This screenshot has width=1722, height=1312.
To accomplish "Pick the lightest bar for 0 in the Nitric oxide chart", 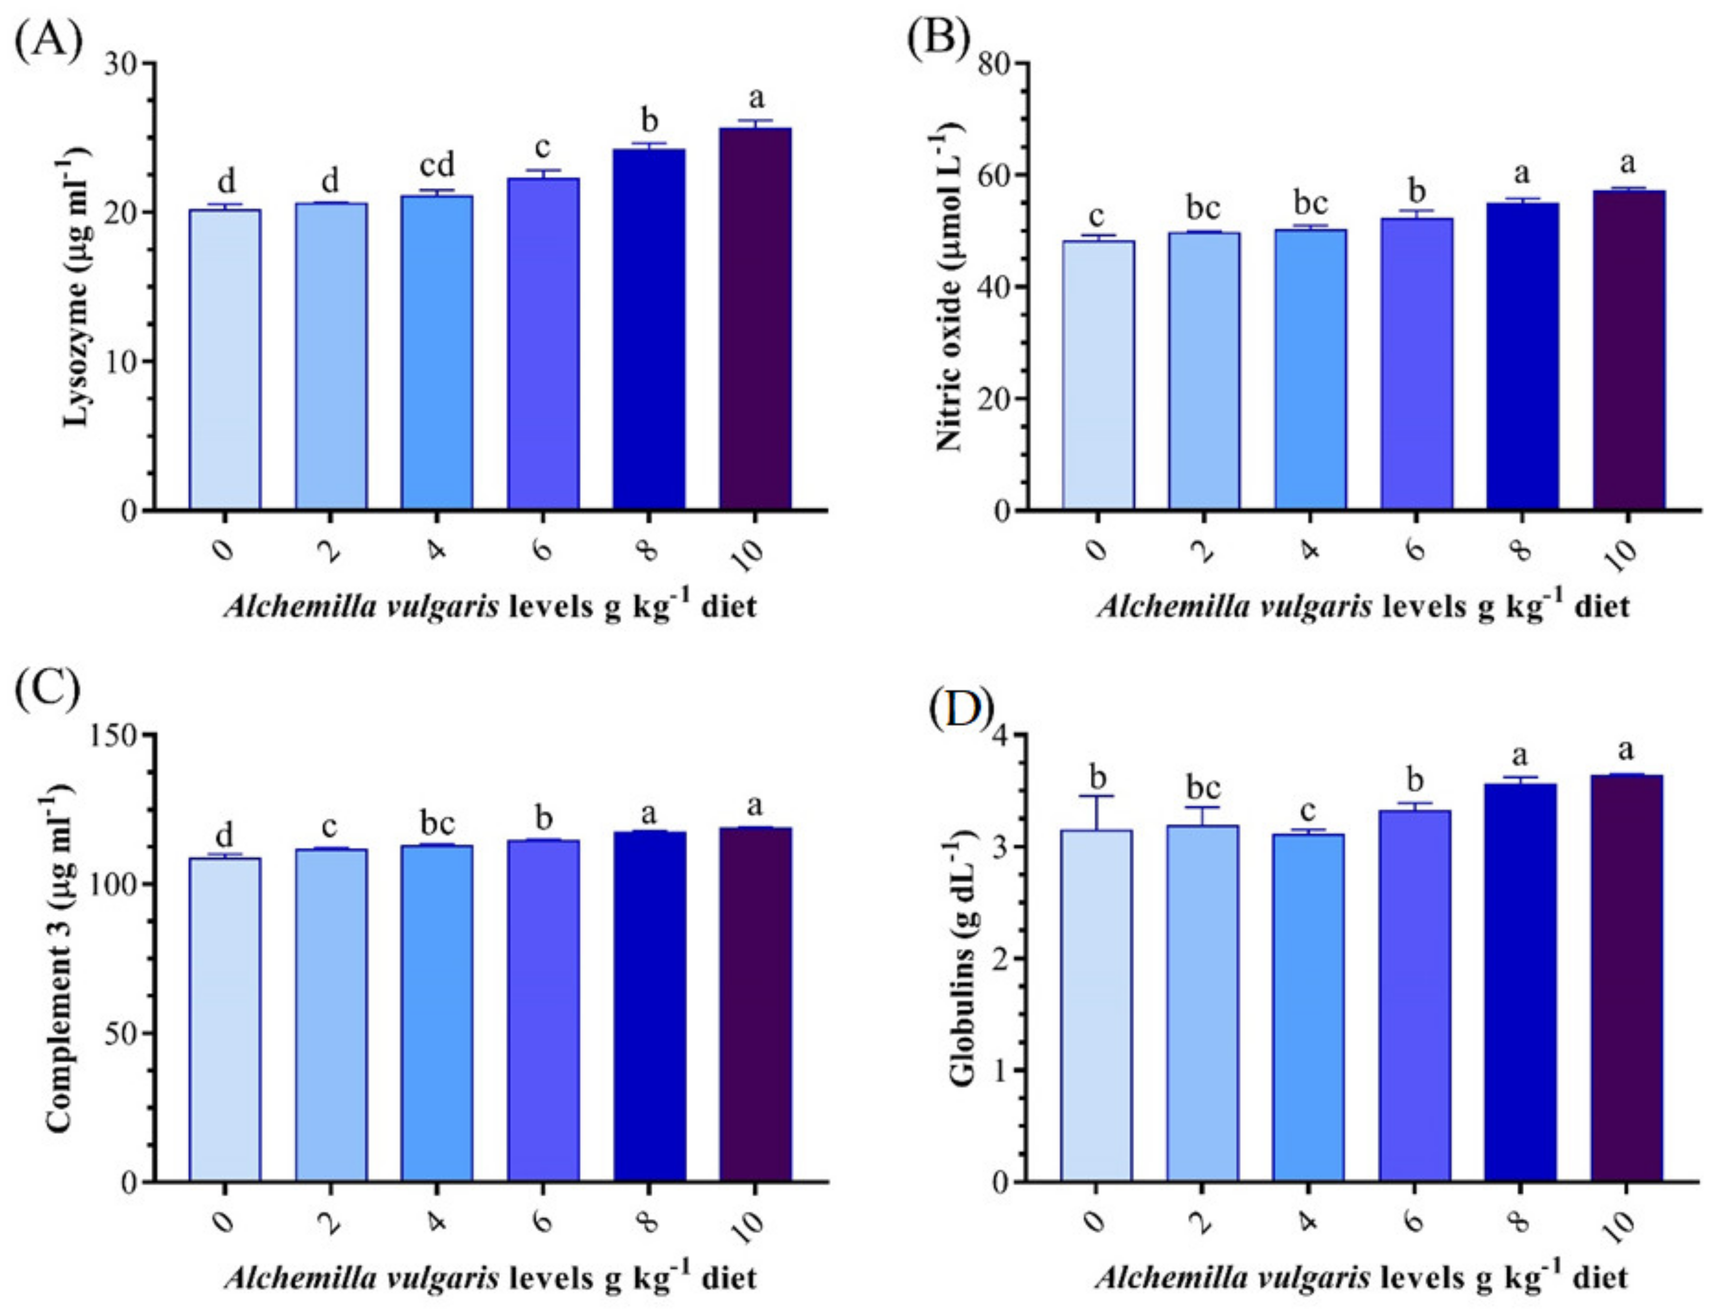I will point(1097,375).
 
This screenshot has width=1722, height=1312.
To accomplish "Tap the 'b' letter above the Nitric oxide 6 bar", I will point(1416,191).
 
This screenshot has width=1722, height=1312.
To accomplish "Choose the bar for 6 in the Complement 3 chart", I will point(543,1010).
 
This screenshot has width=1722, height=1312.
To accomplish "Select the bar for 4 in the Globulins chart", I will point(1308,1008).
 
